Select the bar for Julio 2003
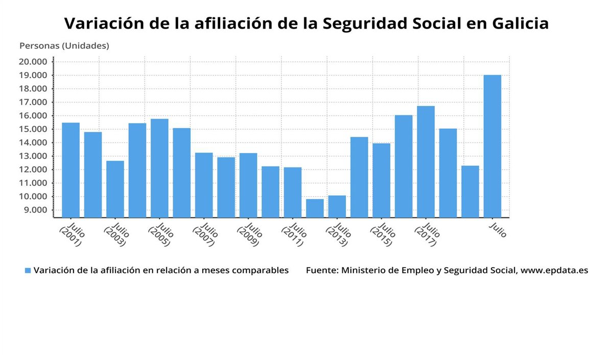(x=115, y=189)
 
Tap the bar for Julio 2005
(x=159, y=168)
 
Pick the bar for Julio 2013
(x=337, y=206)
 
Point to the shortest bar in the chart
(x=315, y=208)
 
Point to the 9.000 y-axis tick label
(x=34, y=210)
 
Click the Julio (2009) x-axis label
(x=249, y=234)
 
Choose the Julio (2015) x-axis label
(x=383, y=234)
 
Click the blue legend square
(x=28, y=270)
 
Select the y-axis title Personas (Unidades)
(x=64, y=46)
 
